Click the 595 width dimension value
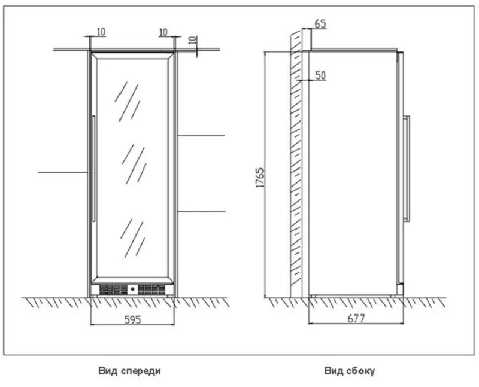(132, 319)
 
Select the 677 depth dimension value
(356, 319)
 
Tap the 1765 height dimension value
(260, 177)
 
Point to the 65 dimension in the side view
(320, 24)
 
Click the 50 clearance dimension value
(320, 75)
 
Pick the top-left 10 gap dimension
(101, 32)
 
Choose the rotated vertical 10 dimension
(192, 41)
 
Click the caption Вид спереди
(129, 371)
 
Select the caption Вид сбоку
(350, 371)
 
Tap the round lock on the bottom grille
(132, 289)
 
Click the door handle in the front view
(94, 169)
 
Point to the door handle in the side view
(407, 168)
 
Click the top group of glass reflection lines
(127, 102)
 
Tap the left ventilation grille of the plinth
(113, 290)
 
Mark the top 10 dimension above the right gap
(163, 32)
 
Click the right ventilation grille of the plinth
(151, 290)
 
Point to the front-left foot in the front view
(95, 296)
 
